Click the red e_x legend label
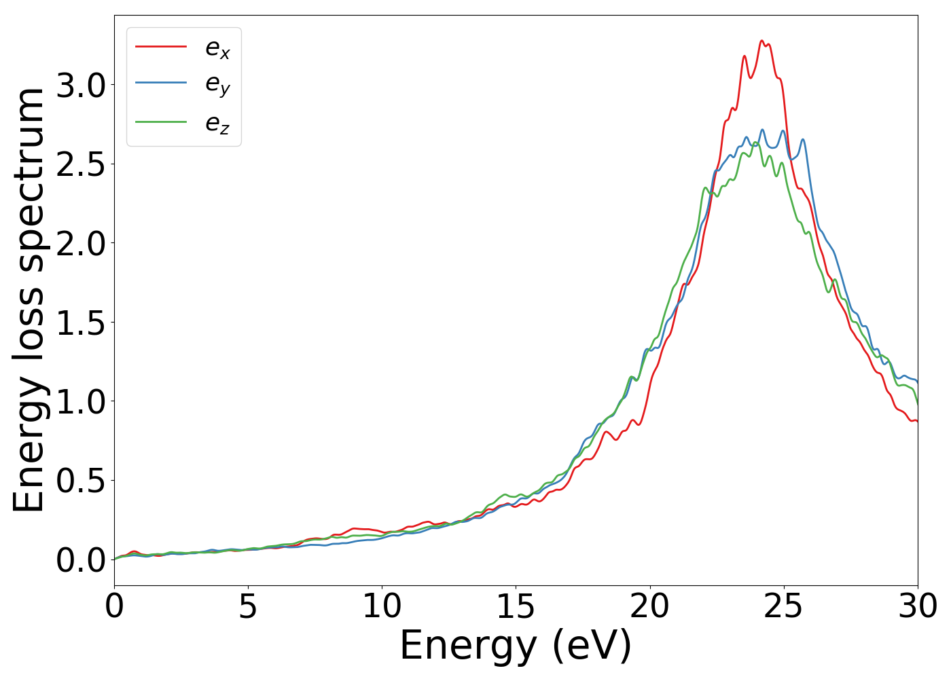click(217, 48)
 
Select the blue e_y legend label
click(217, 85)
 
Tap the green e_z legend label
click(217, 124)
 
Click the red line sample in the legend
click(161, 46)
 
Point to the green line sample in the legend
click(161, 122)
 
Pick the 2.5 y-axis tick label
click(81, 164)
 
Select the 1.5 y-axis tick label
click(81, 323)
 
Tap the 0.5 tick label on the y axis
click(81, 481)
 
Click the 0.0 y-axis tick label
click(81, 560)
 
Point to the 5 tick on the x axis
click(248, 606)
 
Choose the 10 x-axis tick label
click(382, 606)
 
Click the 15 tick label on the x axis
click(516, 606)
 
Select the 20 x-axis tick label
click(650, 606)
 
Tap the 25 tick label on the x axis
click(784, 606)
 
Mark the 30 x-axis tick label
click(918, 606)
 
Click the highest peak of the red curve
click(761, 41)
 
